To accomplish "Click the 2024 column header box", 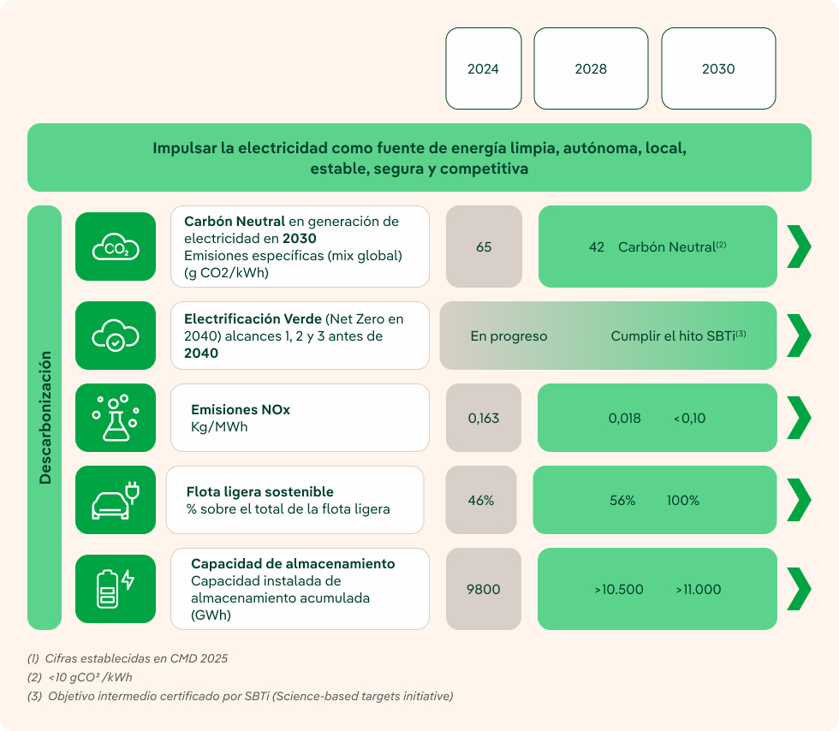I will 483,68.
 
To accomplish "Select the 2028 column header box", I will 591,68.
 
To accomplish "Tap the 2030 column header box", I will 718,68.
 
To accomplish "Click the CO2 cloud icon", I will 116,247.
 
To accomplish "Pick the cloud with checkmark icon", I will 116,336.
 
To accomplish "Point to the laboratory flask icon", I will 116,418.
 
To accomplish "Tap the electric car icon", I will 116,500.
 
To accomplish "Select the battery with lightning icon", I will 116,589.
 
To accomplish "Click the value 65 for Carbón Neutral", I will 484,247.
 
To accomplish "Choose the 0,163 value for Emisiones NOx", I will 483,419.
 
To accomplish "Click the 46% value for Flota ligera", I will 481,501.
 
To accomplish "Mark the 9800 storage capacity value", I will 483,590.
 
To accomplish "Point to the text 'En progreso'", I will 509,336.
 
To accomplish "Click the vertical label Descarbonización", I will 45,418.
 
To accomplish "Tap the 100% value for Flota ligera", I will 683,501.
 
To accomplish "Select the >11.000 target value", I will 698,590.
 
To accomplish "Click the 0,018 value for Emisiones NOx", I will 624,419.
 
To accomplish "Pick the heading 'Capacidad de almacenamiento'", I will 293,564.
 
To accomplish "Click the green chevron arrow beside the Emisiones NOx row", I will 798,418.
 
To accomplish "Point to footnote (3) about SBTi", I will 240,696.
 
